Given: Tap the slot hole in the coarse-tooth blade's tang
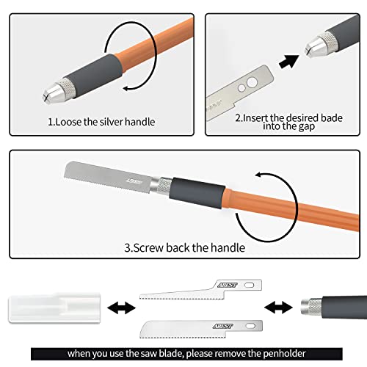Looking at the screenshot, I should click(241, 289).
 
